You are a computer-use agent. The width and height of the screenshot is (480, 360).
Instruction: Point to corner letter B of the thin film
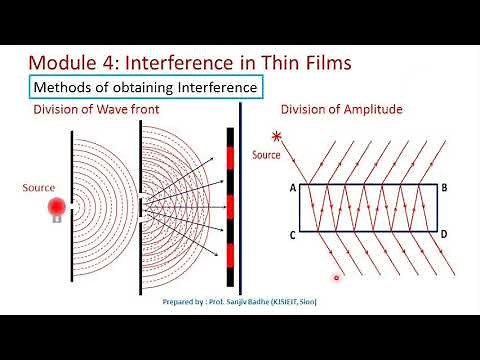444,187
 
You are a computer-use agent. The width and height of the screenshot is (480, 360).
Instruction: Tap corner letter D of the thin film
444,236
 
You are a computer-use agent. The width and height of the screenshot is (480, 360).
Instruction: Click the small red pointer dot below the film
337,278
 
